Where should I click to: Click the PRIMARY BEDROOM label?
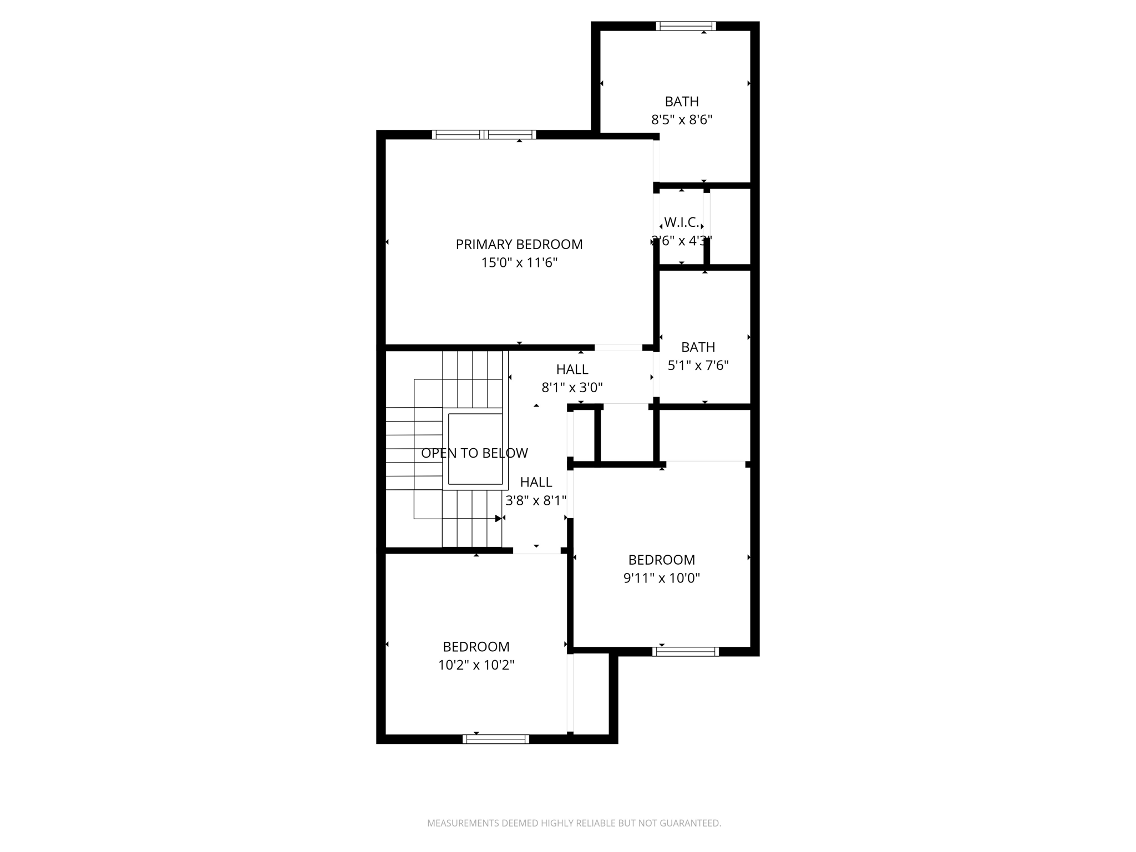pos(519,245)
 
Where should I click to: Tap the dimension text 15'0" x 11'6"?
pos(519,263)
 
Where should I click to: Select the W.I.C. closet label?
pos(681,222)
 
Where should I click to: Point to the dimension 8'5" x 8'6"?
pos(681,120)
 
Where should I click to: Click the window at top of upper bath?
pos(686,26)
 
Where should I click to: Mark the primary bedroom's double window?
pos(484,134)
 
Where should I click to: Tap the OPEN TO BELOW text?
pos(474,453)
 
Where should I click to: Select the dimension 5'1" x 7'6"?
pos(698,366)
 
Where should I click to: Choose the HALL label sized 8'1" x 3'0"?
pos(572,369)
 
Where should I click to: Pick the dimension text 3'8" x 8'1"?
pos(536,501)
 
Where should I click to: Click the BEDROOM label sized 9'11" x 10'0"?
pos(661,560)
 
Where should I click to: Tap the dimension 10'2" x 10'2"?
pos(476,665)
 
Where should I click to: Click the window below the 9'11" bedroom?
pos(686,652)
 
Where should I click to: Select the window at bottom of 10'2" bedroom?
pos(496,739)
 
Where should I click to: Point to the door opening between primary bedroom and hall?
pos(618,348)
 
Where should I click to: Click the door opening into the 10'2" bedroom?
pos(536,551)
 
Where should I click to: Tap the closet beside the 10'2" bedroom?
pos(591,693)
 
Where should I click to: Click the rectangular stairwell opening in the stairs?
pos(475,449)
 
